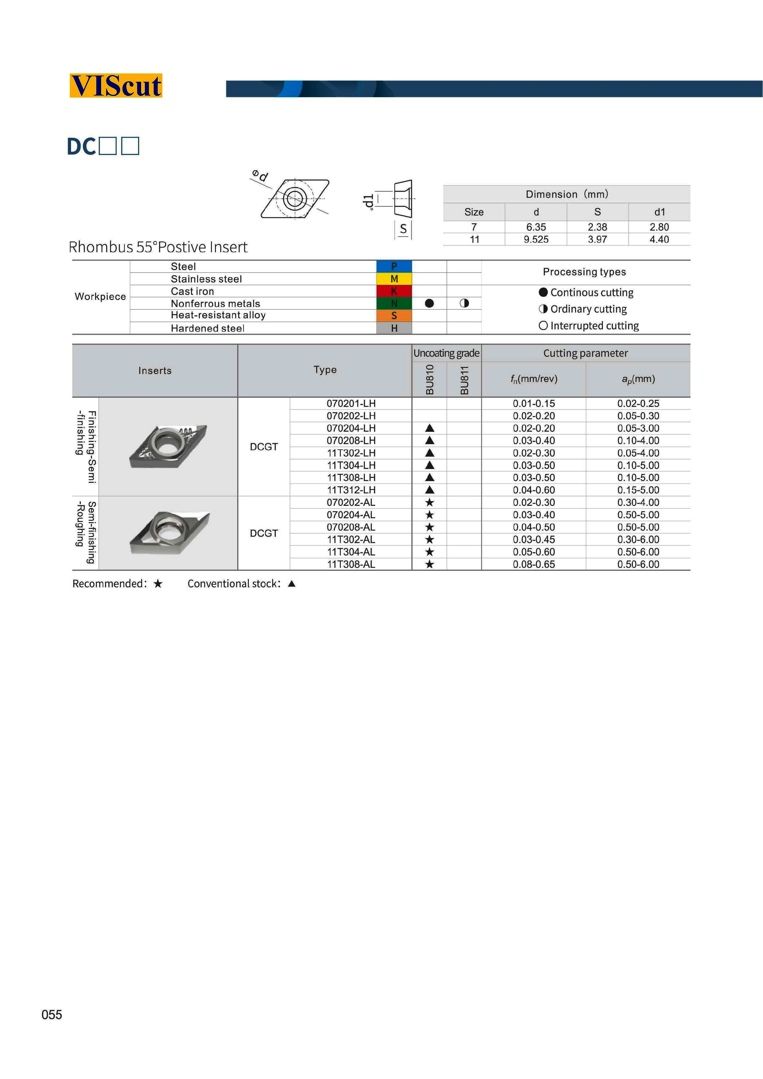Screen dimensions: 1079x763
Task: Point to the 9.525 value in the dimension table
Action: (536, 239)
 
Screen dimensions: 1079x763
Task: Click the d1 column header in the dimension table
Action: (659, 212)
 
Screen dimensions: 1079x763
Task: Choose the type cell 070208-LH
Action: (351, 440)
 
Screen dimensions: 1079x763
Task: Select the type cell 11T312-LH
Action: (351, 490)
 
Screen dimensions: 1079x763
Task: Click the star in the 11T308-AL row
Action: (429, 564)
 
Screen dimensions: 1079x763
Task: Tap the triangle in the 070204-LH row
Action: (429, 428)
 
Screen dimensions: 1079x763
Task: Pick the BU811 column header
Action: (464, 380)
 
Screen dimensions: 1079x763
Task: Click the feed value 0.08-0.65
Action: (534, 564)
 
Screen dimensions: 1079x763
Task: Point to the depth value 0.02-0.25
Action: (638, 403)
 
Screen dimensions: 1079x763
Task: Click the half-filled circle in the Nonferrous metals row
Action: (464, 303)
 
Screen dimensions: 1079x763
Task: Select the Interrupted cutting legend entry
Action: (589, 326)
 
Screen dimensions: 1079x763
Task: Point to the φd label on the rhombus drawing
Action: (260, 176)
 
